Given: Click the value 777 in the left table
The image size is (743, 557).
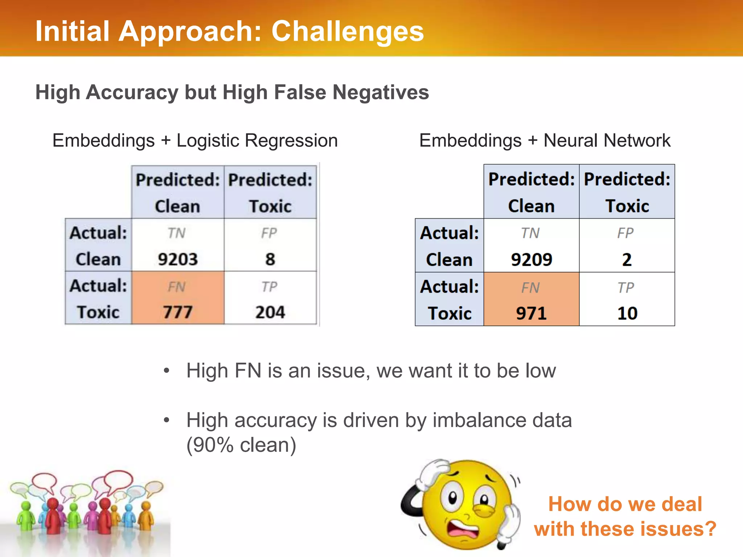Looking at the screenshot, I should (x=177, y=312).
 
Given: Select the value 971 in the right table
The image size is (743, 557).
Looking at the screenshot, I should (x=531, y=313).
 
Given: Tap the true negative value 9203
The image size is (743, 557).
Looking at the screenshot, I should (x=178, y=259).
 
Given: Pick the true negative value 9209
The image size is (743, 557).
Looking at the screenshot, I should (x=531, y=260).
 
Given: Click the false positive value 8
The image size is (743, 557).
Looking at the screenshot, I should (x=270, y=259).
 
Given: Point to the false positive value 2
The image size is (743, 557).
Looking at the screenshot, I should (x=627, y=260).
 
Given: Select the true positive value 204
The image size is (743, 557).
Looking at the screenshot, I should (x=270, y=312).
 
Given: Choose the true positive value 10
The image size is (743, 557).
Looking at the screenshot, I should (x=627, y=313).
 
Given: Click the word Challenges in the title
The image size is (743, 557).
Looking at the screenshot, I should (x=347, y=31).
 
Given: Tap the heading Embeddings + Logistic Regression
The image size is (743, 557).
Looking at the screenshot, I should (x=195, y=140).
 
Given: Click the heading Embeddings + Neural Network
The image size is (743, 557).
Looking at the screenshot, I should (x=545, y=140).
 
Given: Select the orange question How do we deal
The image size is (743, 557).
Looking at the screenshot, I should (x=625, y=504).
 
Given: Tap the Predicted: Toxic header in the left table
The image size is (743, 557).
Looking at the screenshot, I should (x=270, y=193).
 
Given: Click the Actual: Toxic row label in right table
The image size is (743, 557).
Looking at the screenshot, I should (x=449, y=299).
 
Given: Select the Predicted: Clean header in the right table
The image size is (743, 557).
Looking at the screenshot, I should (x=531, y=192).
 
